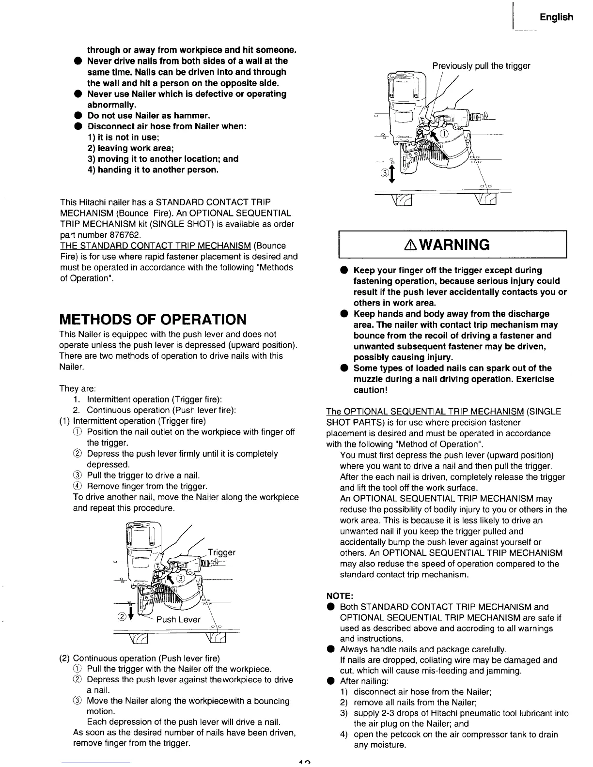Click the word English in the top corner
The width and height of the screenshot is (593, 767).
(x=557, y=17)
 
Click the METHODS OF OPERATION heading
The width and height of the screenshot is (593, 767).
(x=153, y=320)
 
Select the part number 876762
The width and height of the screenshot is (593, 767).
(x=125, y=235)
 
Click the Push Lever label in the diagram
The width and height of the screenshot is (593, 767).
(x=182, y=620)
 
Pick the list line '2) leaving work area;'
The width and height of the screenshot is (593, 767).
(x=130, y=148)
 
